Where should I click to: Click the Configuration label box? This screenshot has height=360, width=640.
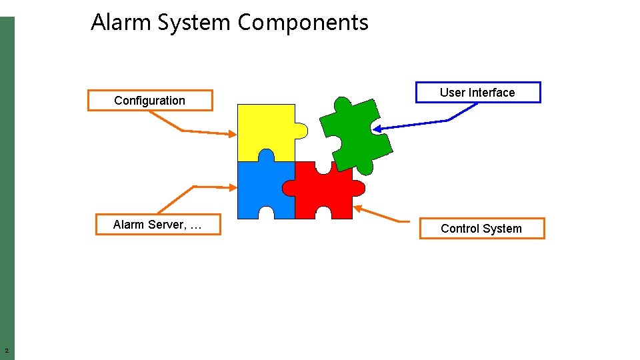pyautogui.click(x=150, y=101)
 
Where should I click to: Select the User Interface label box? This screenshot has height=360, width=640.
pyautogui.click(x=477, y=93)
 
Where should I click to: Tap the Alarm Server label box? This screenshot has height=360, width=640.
pyautogui.click(x=157, y=225)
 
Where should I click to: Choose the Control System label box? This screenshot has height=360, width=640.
pyautogui.click(x=481, y=229)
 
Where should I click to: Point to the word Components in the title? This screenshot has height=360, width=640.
pyautogui.click(x=303, y=23)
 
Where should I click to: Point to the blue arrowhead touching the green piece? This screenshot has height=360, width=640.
pyautogui.click(x=377, y=129)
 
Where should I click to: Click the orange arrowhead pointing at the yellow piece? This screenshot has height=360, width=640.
pyautogui.click(x=233, y=134)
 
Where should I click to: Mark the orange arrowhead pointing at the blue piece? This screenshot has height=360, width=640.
pyautogui.click(x=233, y=188)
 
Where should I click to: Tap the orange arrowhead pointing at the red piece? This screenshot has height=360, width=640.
pyautogui.click(x=357, y=208)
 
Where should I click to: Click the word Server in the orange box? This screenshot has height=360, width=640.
pyautogui.click(x=169, y=225)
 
